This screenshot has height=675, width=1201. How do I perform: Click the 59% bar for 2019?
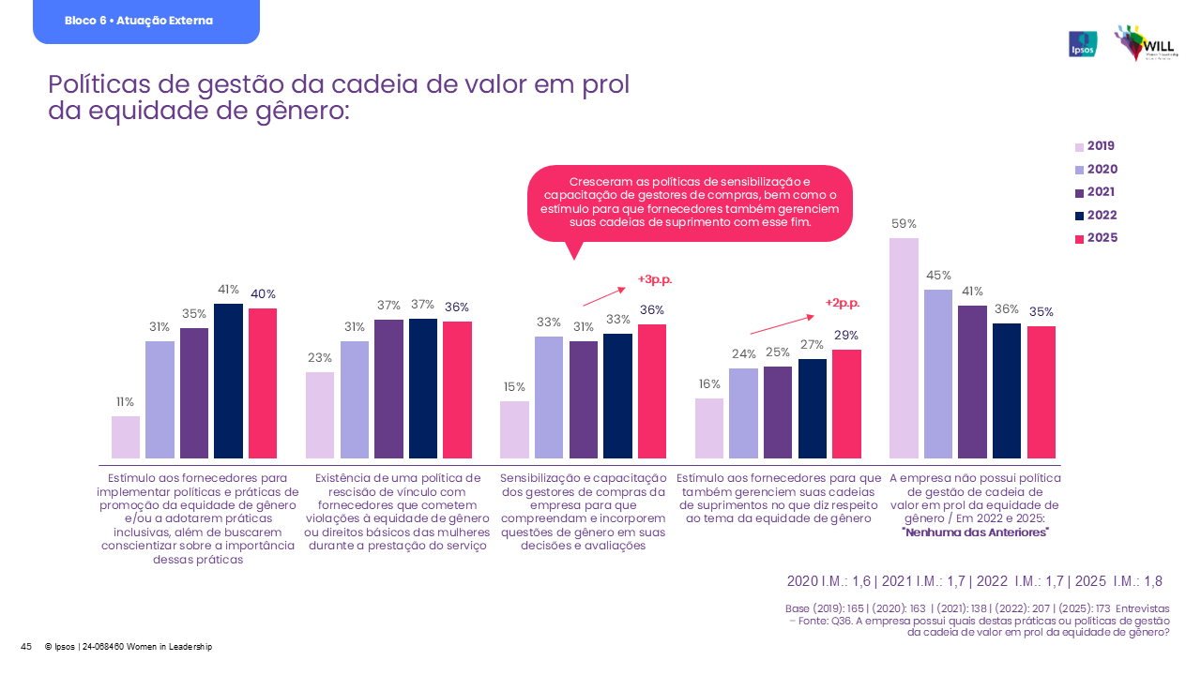[x=904, y=348]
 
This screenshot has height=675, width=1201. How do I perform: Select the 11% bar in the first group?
[x=126, y=437]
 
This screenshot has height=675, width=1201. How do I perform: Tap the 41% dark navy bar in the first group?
[x=228, y=381]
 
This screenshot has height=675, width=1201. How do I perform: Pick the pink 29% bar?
[x=845, y=404]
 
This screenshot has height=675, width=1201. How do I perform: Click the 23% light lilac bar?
[x=320, y=415]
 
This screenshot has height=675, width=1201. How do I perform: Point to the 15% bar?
[x=514, y=429]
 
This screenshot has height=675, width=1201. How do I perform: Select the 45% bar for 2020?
[x=938, y=374]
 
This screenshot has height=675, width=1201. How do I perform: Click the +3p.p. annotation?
[x=655, y=279]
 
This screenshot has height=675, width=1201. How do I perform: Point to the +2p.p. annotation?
[x=843, y=303]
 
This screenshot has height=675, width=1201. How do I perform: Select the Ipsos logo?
[x=1082, y=44]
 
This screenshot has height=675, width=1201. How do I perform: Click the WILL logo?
[x=1144, y=44]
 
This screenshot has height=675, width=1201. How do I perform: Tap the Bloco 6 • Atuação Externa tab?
[x=145, y=21]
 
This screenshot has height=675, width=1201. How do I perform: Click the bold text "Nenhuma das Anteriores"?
[x=975, y=532]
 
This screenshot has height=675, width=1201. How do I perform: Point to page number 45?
[x=26, y=647]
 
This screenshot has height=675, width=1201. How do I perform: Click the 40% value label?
[x=263, y=293]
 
